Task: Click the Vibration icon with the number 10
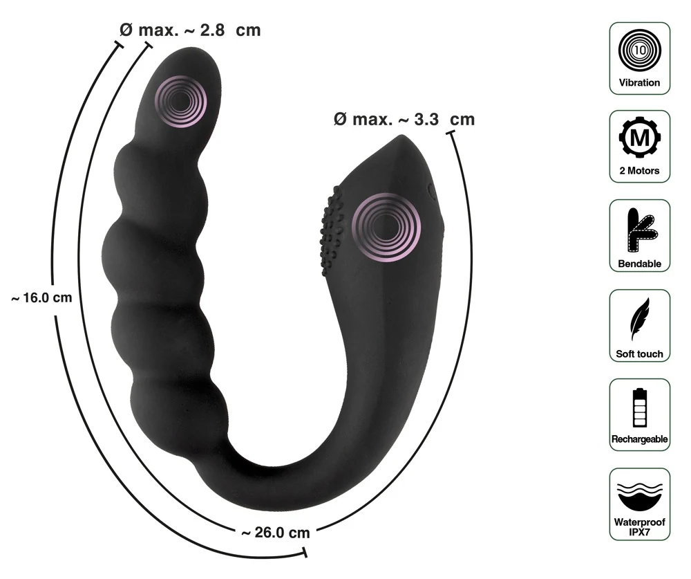[639, 50]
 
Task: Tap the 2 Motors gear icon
[639, 138]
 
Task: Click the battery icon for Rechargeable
[639, 407]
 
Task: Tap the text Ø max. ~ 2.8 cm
[190, 30]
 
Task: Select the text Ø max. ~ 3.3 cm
[404, 119]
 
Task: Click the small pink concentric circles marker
[180, 101]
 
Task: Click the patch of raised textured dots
[332, 232]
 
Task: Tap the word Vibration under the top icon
[639, 82]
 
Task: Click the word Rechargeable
[639, 439]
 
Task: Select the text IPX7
[639, 533]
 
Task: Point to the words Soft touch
[639, 354]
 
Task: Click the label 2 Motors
[639, 171]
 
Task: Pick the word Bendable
[639, 264]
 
